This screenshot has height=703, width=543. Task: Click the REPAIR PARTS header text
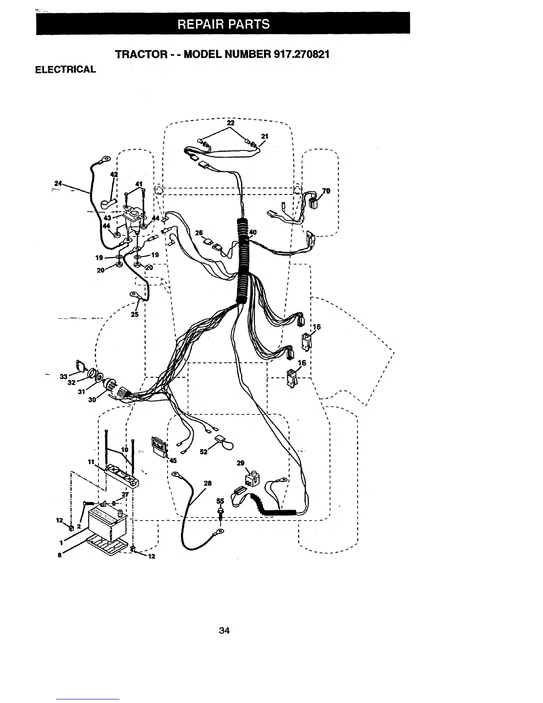pyautogui.click(x=223, y=24)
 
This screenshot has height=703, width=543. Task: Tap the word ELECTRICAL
pyautogui.click(x=66, y=70)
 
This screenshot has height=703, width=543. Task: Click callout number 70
pyautogui.click(x=326, y=191)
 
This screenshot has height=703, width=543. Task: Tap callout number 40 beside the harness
pyautogui.click(x=253, y=232)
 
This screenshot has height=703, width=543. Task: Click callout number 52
pyautogui.click(x=204, y=451)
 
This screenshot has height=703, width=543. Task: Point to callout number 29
pyautogui.click(x=240, y=463)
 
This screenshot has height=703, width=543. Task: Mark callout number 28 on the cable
pyautogui.click(x=207, y=483)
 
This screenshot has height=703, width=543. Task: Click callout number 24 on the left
pyautogui.click(x=57, y=182)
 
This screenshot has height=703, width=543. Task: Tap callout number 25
pyautogui.click(x=135, y=314)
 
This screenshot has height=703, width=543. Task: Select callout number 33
pyautogui.click(x=63, y=377)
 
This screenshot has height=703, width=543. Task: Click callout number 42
pyautogui.click(x=114, y=174)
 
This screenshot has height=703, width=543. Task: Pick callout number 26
pyautogui.click(x=199, y=233)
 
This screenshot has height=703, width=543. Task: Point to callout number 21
pyautogui.click(x=265, y=137)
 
